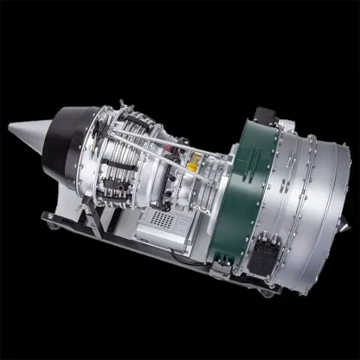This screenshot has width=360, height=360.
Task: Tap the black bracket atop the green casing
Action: (260, 113)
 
